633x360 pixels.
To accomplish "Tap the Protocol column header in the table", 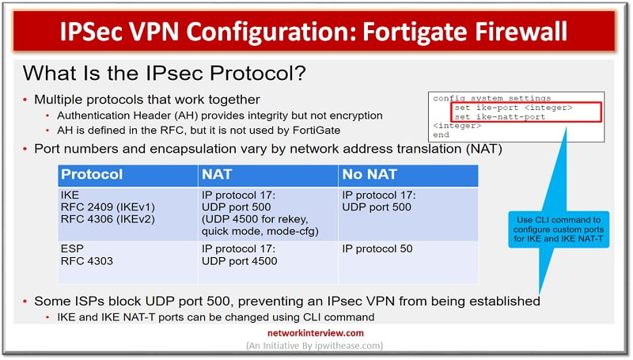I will coord(92,174).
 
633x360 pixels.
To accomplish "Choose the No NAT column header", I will coord(370,174).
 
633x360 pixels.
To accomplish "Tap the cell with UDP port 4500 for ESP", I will coord(239,261).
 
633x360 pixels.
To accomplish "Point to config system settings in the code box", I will coord(491,97).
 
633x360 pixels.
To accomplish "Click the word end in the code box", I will coord(441,135).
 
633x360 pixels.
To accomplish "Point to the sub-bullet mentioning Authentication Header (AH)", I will coord(214,116).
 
